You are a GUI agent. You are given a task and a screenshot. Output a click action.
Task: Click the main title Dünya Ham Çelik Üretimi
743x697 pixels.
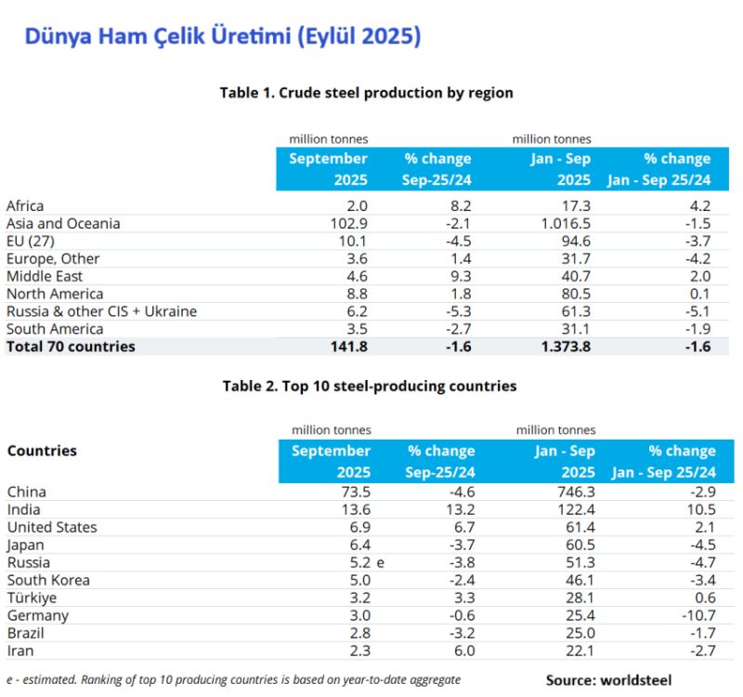point(222,37)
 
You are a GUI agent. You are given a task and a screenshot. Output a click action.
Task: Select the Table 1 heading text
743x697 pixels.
point(366,93)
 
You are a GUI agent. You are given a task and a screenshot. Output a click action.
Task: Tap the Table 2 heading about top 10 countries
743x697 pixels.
point(370,386)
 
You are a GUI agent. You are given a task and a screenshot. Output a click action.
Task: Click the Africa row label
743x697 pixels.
point(25,206)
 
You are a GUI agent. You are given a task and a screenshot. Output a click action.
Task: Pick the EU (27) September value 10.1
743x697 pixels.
point(355,242)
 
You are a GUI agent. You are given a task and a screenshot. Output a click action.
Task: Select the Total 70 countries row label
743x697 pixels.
point(71,347)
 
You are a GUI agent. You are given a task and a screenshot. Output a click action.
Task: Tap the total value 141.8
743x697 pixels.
point(348,347)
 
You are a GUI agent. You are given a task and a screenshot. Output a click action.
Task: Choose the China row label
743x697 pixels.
point(26,493)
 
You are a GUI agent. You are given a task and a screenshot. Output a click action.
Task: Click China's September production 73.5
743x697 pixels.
point(357,493)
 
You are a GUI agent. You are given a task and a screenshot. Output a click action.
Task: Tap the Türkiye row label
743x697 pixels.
point(31,598)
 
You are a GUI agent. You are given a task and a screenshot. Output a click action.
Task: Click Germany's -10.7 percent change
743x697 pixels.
point(696,616)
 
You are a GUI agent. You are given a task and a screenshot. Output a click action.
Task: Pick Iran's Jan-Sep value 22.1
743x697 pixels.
point(579,651)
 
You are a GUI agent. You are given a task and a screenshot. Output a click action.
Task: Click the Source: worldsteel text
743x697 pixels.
point(608,680)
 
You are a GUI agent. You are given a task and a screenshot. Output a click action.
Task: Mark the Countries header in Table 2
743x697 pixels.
point(42,451)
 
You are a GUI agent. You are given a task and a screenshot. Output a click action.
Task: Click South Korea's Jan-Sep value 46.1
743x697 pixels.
point(579,581)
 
